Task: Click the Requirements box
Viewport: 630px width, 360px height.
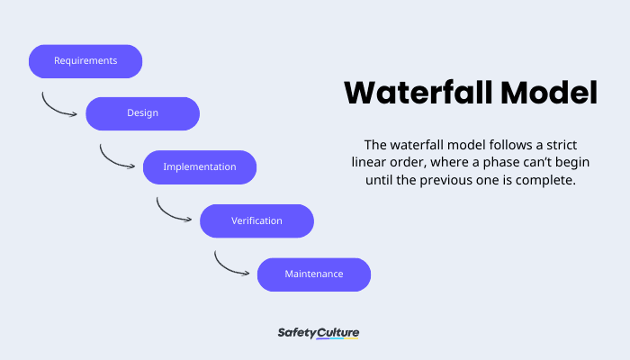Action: [85, 61]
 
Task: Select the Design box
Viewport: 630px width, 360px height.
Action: [142, 114]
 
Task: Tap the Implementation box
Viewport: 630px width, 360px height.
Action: [200, 167]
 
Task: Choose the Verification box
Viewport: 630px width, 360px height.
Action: [256, 220]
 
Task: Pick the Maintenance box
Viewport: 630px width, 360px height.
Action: [314, 274]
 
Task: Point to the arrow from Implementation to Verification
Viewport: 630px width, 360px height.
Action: [174, 211]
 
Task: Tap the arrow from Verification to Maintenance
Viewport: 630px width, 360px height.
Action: [231, 265]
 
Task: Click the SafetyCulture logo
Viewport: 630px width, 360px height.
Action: [319, 333]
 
